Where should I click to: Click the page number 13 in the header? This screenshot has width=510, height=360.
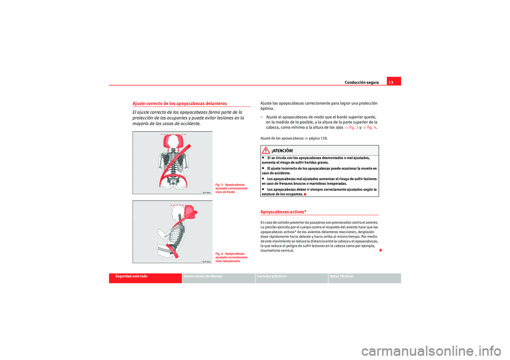click(390, 82)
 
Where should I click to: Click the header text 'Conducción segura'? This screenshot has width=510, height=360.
click(361, 83)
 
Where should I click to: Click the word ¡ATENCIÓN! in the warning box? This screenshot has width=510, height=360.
click(282, 151)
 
